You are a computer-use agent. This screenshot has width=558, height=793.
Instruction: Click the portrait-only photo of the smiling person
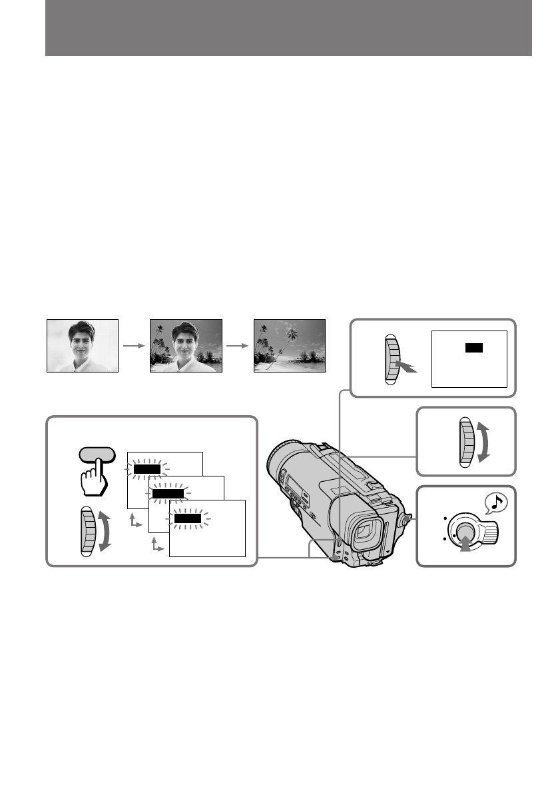pos(83,345)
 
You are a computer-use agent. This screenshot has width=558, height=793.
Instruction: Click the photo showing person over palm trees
pos(186,345)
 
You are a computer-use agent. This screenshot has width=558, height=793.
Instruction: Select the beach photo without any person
pos(290,345)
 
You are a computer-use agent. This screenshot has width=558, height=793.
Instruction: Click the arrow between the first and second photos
pos(134,346)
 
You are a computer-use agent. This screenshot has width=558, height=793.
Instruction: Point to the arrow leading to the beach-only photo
pos(238,346)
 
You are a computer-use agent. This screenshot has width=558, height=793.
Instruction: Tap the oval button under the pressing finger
pos(97,455)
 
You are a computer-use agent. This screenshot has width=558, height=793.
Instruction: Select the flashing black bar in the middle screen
pos(167,493)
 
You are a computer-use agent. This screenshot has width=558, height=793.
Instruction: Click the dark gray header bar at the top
pos(288,28)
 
